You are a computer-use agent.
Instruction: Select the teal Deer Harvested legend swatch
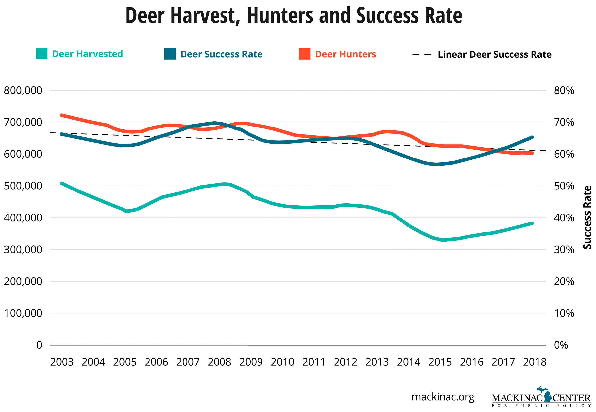42,54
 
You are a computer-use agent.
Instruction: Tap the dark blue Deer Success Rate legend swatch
170,54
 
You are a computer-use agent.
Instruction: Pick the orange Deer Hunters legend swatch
304,54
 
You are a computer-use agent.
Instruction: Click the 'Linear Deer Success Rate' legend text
494,55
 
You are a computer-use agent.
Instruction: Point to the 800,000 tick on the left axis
23,90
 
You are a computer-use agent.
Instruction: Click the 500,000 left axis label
23,186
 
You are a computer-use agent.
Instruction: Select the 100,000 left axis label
23,313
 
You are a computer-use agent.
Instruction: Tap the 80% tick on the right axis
564,90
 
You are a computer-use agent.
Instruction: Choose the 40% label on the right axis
564,218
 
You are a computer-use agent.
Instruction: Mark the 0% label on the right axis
561,345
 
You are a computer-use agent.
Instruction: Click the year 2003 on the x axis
62,362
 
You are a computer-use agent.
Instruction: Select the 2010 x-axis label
283,362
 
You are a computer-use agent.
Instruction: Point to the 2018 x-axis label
534,362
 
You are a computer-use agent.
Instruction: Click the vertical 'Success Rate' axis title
587,217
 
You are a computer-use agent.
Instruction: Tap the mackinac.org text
443,397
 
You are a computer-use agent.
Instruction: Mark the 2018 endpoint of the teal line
532,223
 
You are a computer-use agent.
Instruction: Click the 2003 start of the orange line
61,115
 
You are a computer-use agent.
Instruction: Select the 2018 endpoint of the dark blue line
532,137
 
